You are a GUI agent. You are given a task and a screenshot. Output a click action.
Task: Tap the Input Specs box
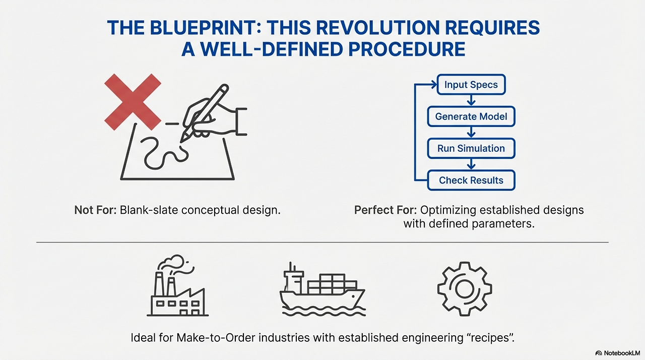point(471,85)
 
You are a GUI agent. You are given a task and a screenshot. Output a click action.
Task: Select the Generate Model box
point(471,116)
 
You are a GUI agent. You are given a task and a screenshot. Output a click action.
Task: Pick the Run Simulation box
point(471,148)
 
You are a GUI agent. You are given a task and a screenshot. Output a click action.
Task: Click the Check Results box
point(471,180)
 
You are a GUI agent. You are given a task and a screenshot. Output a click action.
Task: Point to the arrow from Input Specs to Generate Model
point(471,100)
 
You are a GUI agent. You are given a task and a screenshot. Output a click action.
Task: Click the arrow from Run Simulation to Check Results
point(471,164)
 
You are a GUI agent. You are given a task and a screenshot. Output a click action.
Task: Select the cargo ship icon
point(322,292)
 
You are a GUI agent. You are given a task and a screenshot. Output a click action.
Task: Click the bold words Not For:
point(95,210)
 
